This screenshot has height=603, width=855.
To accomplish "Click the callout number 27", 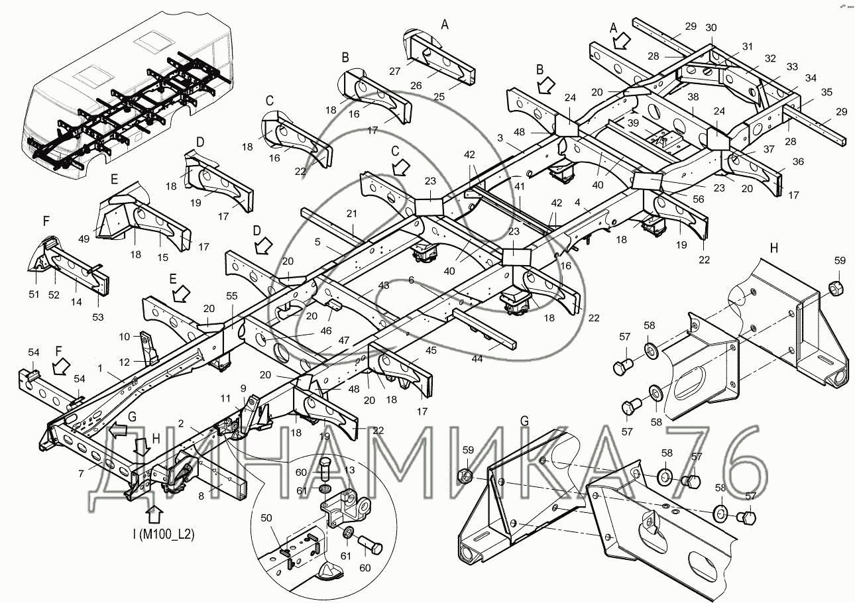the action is point(414,70).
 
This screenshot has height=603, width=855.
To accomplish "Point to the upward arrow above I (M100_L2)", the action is point(154,514).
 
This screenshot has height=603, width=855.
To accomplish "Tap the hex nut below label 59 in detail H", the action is point(836,287).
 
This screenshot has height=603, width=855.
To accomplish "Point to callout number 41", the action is point(520,187).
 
